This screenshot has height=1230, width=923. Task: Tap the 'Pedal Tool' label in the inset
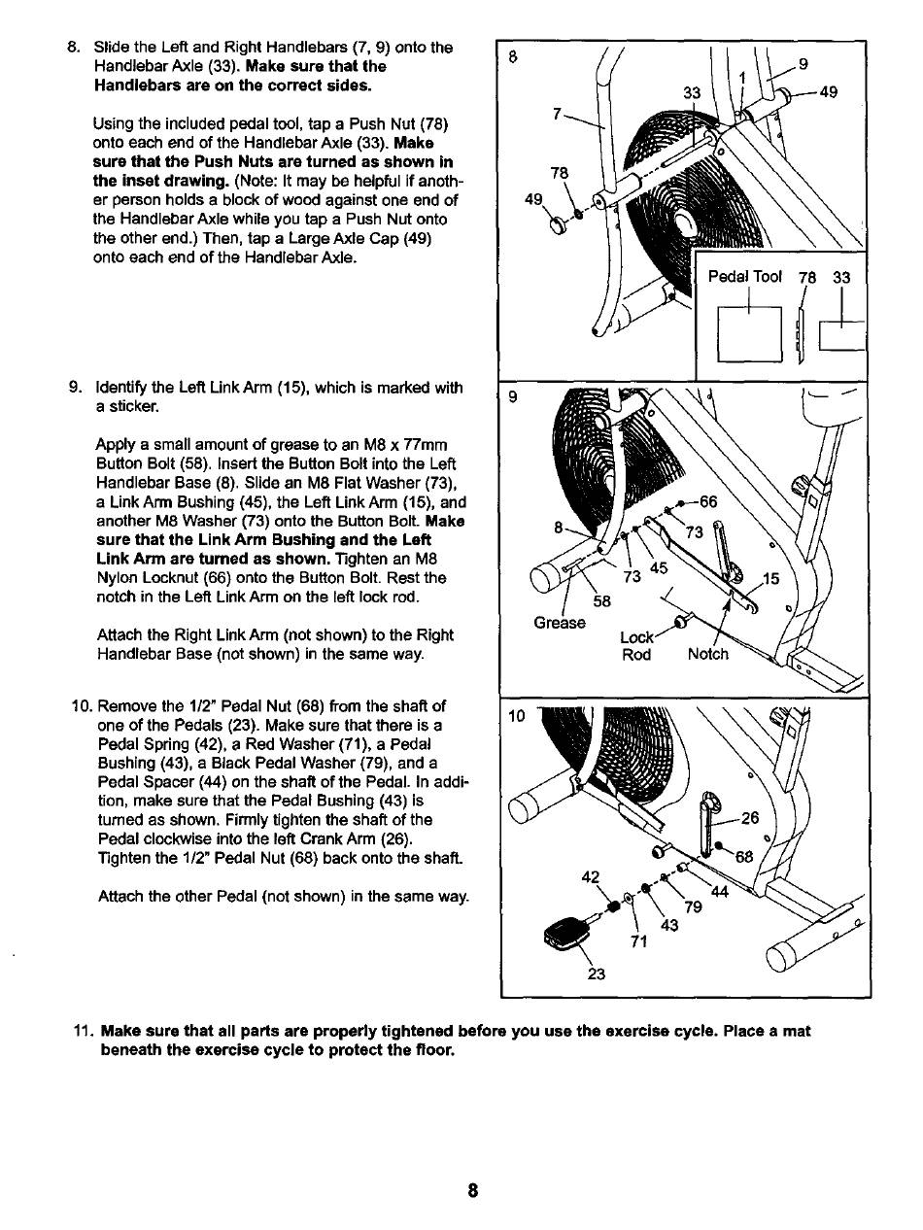744,277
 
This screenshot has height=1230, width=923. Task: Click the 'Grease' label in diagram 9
560,622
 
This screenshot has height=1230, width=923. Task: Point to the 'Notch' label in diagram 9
707,654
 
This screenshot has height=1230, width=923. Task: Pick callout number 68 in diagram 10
745,856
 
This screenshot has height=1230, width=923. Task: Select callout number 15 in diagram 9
769,580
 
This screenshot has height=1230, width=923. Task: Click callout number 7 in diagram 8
558,114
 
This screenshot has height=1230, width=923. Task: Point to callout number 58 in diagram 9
602,600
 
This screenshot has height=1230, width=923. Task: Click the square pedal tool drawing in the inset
749,333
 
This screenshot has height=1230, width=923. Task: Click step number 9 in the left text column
76,389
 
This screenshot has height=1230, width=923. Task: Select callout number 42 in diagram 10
590,876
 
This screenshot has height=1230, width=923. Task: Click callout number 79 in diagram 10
694,908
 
